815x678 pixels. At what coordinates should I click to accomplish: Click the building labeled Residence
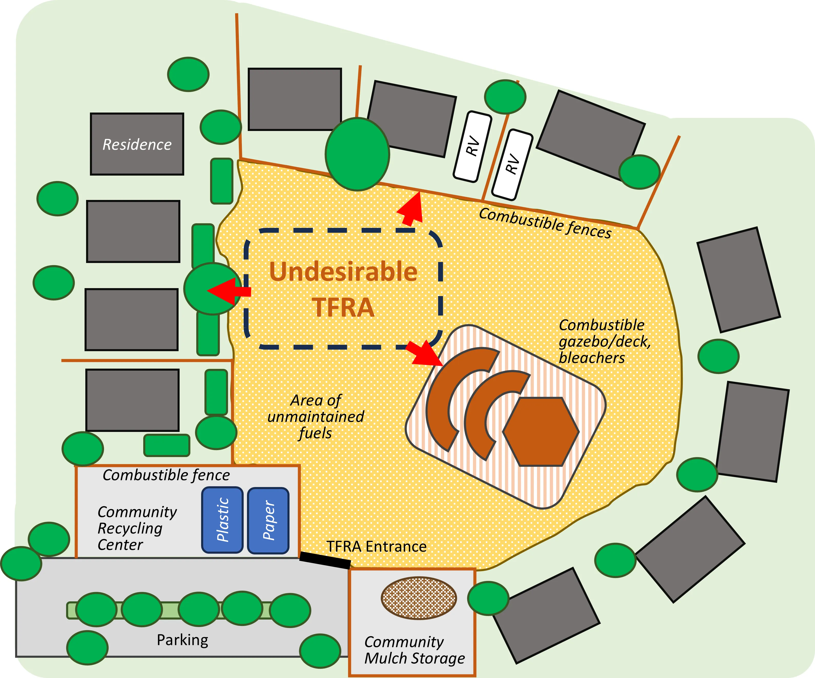137,144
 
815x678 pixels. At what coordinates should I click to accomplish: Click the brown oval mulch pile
419,598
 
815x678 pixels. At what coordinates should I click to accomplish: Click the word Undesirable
343,271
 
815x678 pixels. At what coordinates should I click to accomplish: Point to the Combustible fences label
545,223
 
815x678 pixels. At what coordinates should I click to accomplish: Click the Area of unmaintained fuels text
316,417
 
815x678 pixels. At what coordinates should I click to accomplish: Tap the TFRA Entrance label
376,546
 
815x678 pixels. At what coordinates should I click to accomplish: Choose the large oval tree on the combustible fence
357,154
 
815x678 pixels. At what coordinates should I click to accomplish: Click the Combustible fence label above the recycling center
166,475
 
